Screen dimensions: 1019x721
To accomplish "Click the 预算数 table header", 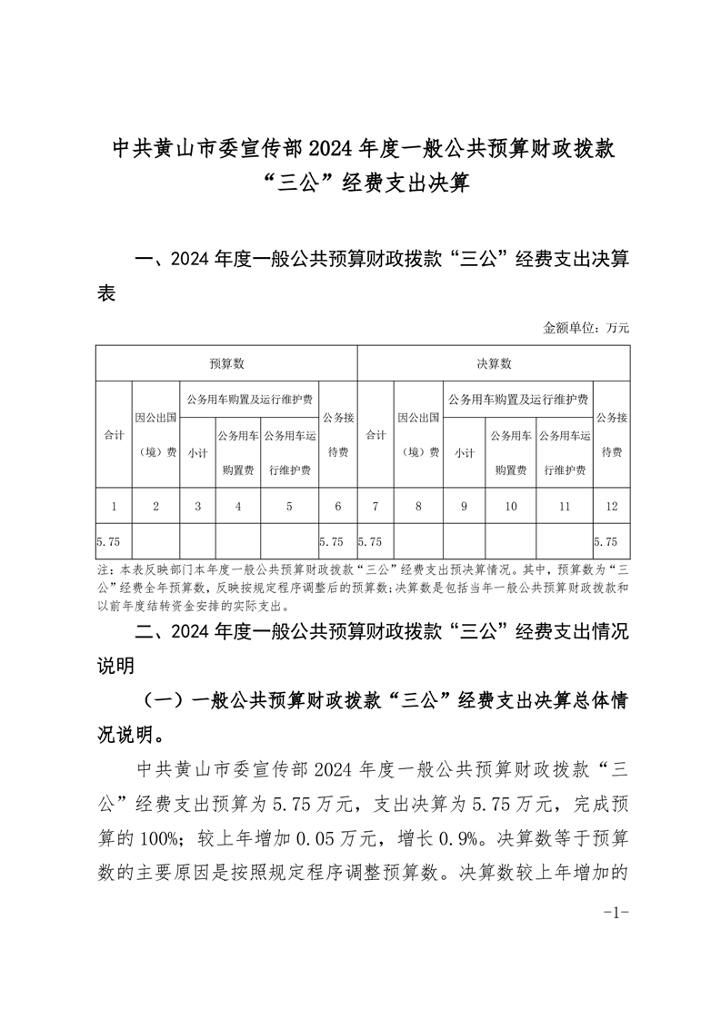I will pos(226,363).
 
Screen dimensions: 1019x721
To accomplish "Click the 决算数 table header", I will pos(495,363).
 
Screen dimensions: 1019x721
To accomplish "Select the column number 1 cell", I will pos(114,506).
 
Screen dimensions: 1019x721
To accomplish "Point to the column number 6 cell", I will pos(337,506).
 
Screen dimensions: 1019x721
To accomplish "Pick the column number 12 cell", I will pos(610,506).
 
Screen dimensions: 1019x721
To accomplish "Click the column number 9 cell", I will pos(464,506).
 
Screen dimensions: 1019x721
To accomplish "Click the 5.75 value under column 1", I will pos(108,541).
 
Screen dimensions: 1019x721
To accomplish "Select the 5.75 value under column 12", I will pos(605,541).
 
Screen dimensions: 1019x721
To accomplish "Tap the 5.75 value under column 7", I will pos(369,541).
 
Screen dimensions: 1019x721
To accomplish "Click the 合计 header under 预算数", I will pos(114,435).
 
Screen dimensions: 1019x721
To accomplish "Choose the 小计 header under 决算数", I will pos(464,452).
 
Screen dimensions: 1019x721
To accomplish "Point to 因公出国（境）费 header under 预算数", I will pos(155,435).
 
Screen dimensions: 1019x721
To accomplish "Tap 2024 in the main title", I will pos(336,148).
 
